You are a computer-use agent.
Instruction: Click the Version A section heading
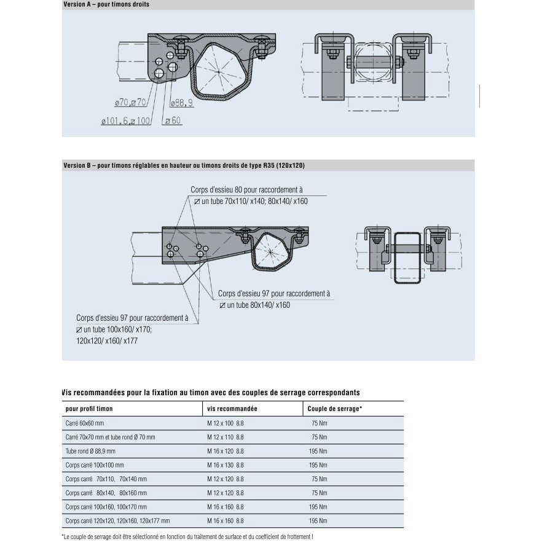pyautogui.click(x=106, y=4)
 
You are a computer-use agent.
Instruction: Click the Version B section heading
pyautogui.click(x=184, y=165)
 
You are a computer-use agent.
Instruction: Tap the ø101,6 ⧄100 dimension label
pyautogui.click(x=126, y=122)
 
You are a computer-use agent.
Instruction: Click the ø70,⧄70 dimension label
pyautogui.click(x=130, y=103)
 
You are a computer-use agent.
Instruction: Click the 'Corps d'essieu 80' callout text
pyautogui.click(x=246, y=190)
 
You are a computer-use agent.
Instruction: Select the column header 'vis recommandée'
pyautogui.click(x=232, y=409)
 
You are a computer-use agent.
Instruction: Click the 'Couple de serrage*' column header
pyautogui.click(x=336, y=409)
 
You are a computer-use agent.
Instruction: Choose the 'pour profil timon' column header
pyautogui.click(x=89, y=409)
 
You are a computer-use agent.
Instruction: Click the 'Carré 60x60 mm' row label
pyautogui.click(x=85, y=424)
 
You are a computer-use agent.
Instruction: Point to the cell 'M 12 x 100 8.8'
pyautogui.click(x=225, y=424)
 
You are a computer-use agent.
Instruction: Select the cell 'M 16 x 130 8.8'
pyautogui.click(x=225, y=465)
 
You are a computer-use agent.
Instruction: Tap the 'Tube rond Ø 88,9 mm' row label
pyautogui.click(x=90, y=451)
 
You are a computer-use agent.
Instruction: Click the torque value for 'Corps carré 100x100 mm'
pyautogui.click(x=318, y=465)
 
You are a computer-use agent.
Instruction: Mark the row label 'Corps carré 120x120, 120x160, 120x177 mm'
pyautogui.click(x=117, y=520)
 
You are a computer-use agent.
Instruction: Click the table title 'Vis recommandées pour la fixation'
pyautogui.click(x=211, y=392)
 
